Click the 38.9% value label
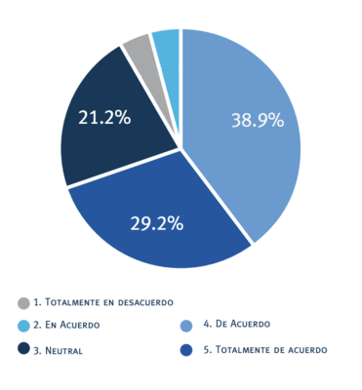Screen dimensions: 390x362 pos(258,121)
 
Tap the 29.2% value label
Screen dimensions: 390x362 pos(157,223)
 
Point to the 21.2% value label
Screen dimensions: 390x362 pos(104,118)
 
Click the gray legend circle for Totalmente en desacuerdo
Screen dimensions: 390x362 pos(23,303)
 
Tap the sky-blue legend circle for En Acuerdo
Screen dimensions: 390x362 pos(23,326)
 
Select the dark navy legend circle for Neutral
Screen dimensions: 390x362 pos(23,349)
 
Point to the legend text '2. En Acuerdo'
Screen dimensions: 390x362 pos(66,327)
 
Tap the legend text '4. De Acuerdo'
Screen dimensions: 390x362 pos(236,324)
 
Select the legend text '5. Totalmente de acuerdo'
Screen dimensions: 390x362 pos(265,349)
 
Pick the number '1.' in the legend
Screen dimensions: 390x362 pos(37,303)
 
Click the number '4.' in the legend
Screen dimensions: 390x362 pos(207,324)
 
